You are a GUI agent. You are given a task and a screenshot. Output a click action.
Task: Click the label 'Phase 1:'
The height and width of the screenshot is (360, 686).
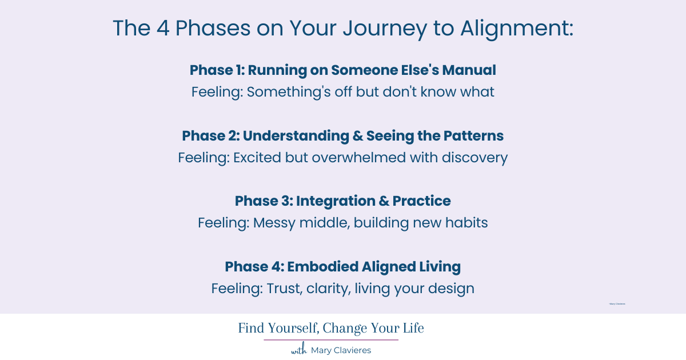(x=217, y=70)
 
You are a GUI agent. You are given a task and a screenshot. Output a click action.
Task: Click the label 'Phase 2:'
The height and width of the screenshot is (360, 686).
(x=210, y=136)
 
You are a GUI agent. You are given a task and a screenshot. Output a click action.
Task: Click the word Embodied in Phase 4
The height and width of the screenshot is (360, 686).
(x=321, y=267)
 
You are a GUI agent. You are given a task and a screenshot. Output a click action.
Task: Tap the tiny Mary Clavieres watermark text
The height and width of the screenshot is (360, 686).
(x=617, y=304)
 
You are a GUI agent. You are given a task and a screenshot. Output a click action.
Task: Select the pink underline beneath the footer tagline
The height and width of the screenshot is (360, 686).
(x=331, y=340)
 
